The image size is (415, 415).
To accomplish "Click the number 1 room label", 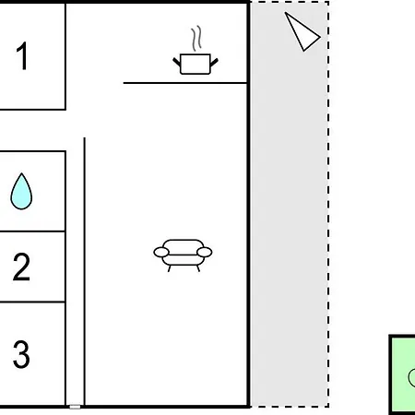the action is [x=23, y=55].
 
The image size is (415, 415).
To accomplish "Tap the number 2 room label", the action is [x=21, y=267].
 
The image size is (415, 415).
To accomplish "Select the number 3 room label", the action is [x=21, y=354].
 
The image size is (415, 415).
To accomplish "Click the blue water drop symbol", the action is [x=21, y=192].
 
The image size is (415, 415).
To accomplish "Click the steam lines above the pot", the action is [x=196, y=39].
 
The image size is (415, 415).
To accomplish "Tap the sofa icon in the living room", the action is [x=183, y=255].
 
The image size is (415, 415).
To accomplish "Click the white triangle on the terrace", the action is [x=302, y=31].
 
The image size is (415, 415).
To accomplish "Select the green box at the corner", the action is [x=402, y=374].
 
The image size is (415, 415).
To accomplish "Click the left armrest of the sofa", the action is [x=161, y=253].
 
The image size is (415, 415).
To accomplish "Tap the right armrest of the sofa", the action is [x=205, y=253].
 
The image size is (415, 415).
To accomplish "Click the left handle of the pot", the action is [x=177, y=62].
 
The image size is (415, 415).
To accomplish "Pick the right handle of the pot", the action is [x=214, y=62].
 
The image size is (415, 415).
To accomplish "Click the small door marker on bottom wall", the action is [x=75, y=407].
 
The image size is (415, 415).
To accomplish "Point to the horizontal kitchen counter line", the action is [x=185, y=83].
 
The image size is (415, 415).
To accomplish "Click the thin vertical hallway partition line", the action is [x=85, y=271].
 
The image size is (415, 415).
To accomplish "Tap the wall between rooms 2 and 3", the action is [x=32, y=302].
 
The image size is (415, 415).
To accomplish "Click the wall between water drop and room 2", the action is [x=32, y=231].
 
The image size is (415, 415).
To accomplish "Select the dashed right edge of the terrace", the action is [x=328, y=204].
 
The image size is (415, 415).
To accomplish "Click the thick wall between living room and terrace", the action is [x=248, y=204].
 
